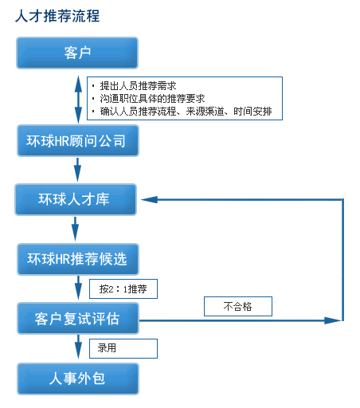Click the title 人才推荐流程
click(x=57, y=16)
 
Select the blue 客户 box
click(x=77, y=53)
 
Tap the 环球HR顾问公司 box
click(x=78, y=140)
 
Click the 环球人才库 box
click(x=76, y=199)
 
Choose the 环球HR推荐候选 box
click(x=78, y=259)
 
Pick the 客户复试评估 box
click(x=78, y=318)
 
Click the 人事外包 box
click(x=78, y=379)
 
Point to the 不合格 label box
click(x=238, y=306)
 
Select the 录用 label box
click(x=123, y=348)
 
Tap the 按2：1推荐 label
click(x=123, y=288)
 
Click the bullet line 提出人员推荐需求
click(x=138, y=86)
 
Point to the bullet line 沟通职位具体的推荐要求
click(x=152, y=99)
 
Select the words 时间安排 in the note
click(x=252, y=112)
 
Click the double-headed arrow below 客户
click(x=78, y=100)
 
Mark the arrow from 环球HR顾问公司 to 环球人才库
click(x=77, y=170)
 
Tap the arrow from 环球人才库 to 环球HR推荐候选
click(x=75, y=229)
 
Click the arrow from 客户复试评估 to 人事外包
click(x=78, y=347)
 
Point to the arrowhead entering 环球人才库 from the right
click(x=149, y=199)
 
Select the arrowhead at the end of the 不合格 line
click(x=333, y=320)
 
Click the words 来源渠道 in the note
click(x=205, y=112)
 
